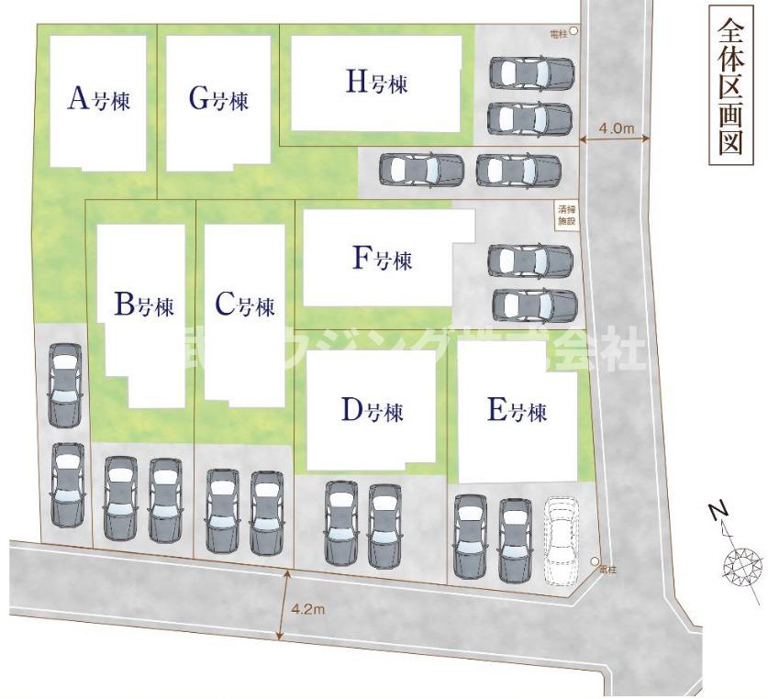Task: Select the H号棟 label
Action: (376, 83)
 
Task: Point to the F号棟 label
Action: (383, 261)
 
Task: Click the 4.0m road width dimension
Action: (616, 128)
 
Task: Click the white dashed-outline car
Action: (562, 540)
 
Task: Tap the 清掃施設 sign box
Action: (566, 216)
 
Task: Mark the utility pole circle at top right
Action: (574, 31)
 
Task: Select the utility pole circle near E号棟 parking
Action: (595, 561)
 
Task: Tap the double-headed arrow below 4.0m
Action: (616, 139)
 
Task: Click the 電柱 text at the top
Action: (558, 32)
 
